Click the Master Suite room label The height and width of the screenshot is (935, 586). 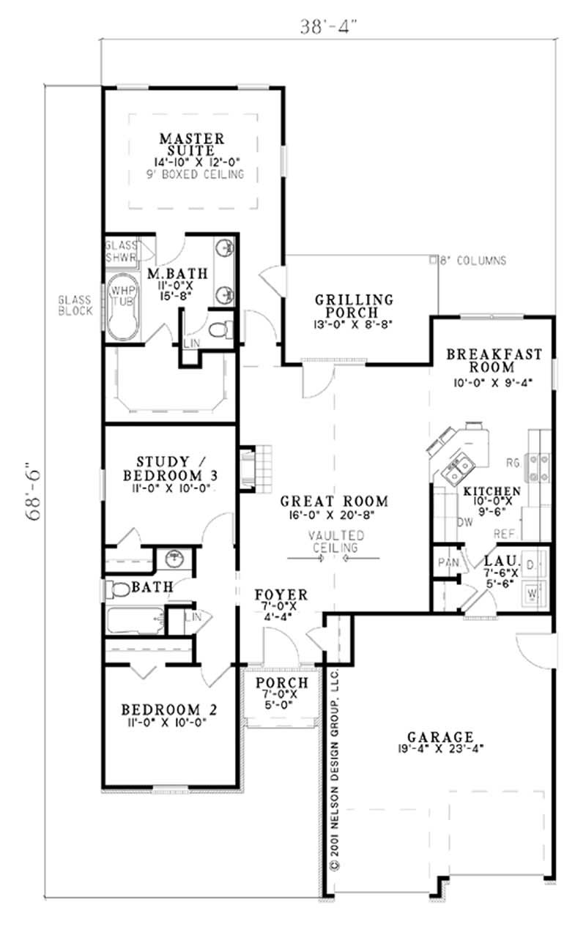192,143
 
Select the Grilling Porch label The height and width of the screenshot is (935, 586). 354,306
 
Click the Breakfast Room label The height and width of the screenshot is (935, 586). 495,360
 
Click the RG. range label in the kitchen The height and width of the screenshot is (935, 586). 513,462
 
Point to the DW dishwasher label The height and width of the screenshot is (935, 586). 443,523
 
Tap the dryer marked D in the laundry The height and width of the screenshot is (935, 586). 533,565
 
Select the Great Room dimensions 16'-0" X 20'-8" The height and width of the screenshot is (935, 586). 334,516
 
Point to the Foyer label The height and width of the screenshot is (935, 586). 281,595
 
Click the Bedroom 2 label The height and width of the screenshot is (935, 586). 169,709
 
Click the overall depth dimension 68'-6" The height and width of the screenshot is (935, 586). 33,491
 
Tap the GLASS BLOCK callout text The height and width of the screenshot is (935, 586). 76,305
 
